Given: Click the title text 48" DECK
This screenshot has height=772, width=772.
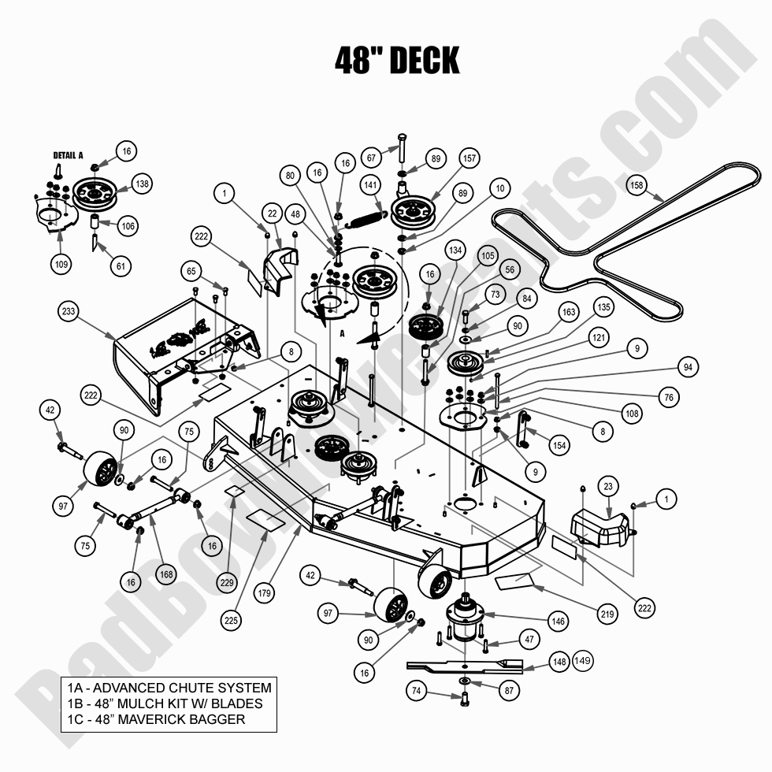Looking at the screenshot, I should (396, 59).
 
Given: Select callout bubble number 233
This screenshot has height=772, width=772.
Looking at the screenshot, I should (69, 311).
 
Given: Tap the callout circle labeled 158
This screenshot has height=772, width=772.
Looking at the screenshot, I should (636, 186).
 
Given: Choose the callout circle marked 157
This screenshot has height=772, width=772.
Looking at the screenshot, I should (470, 158).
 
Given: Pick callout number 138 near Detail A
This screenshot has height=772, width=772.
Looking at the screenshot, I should (142, 184).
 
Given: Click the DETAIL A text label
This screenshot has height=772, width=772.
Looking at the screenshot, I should (68, 155).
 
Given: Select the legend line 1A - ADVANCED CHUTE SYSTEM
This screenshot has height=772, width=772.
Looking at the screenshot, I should (169, 688).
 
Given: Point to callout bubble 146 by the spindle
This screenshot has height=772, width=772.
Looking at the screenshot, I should (559, 622).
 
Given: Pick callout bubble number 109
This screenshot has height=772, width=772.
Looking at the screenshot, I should (62, 264).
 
